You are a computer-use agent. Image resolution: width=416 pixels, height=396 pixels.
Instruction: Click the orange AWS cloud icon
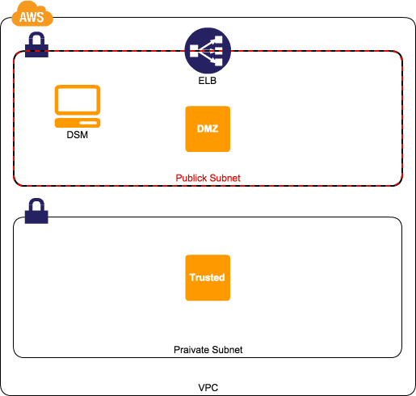[x=32, y=15]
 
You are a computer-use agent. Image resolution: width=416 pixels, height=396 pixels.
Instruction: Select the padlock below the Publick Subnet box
[x=36, y=213]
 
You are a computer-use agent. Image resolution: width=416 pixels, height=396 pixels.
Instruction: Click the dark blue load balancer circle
[x=208, y=51]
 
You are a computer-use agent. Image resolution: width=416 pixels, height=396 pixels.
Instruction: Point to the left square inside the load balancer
[x=194, y=52]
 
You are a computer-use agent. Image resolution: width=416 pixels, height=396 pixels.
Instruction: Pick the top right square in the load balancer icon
[x=218, y=40]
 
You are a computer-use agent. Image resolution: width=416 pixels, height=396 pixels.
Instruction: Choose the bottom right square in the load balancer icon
[x=218, y=63]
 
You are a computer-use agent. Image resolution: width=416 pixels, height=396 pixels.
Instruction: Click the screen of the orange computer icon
[x=78, y=100]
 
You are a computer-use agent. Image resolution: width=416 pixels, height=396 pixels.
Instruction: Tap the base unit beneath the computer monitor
[x=78, y=123]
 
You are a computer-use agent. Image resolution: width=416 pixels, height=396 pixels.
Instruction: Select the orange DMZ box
[x=208, y=128]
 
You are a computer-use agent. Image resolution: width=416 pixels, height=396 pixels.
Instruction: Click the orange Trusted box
[x=208, y=277]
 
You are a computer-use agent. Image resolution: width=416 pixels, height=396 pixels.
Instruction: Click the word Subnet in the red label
[x=225, y=178]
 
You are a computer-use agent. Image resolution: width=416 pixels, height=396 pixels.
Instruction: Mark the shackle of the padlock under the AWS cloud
[x=36, y=38]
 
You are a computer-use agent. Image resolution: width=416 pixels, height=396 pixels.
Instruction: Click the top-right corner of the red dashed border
[x=400, y=54]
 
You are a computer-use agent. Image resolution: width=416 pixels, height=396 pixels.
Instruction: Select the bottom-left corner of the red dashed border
[x=16, y=183]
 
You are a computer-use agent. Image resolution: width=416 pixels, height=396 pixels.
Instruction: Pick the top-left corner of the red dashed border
[x=16, y=54]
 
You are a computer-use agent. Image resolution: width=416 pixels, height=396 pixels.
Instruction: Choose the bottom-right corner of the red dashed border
[x=400, y=183]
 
